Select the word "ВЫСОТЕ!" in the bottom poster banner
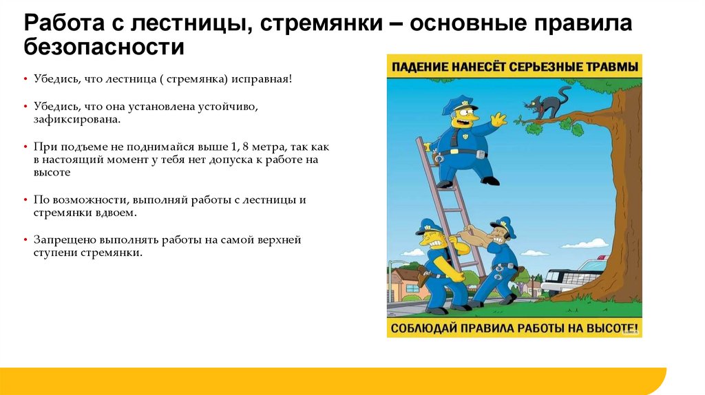point(613,328)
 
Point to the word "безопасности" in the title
point(104,47)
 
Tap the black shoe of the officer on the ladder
point(491,180)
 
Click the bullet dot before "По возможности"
point(25,200)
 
